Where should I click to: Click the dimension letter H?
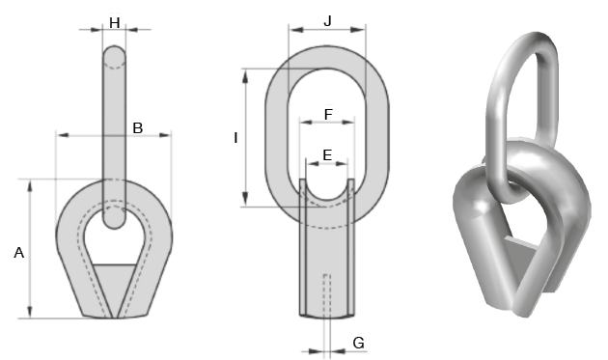(115, 23)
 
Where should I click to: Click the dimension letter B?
(138, 128)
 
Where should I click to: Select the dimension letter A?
(18, 253)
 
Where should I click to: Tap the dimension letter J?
(328, 21)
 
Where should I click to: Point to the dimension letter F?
(328, 115)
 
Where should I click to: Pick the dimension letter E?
(327, 155)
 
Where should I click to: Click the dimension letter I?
(235, 138)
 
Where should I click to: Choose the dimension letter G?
(359, 343)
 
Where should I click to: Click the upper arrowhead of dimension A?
(30, 185)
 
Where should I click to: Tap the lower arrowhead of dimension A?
(30, 312)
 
